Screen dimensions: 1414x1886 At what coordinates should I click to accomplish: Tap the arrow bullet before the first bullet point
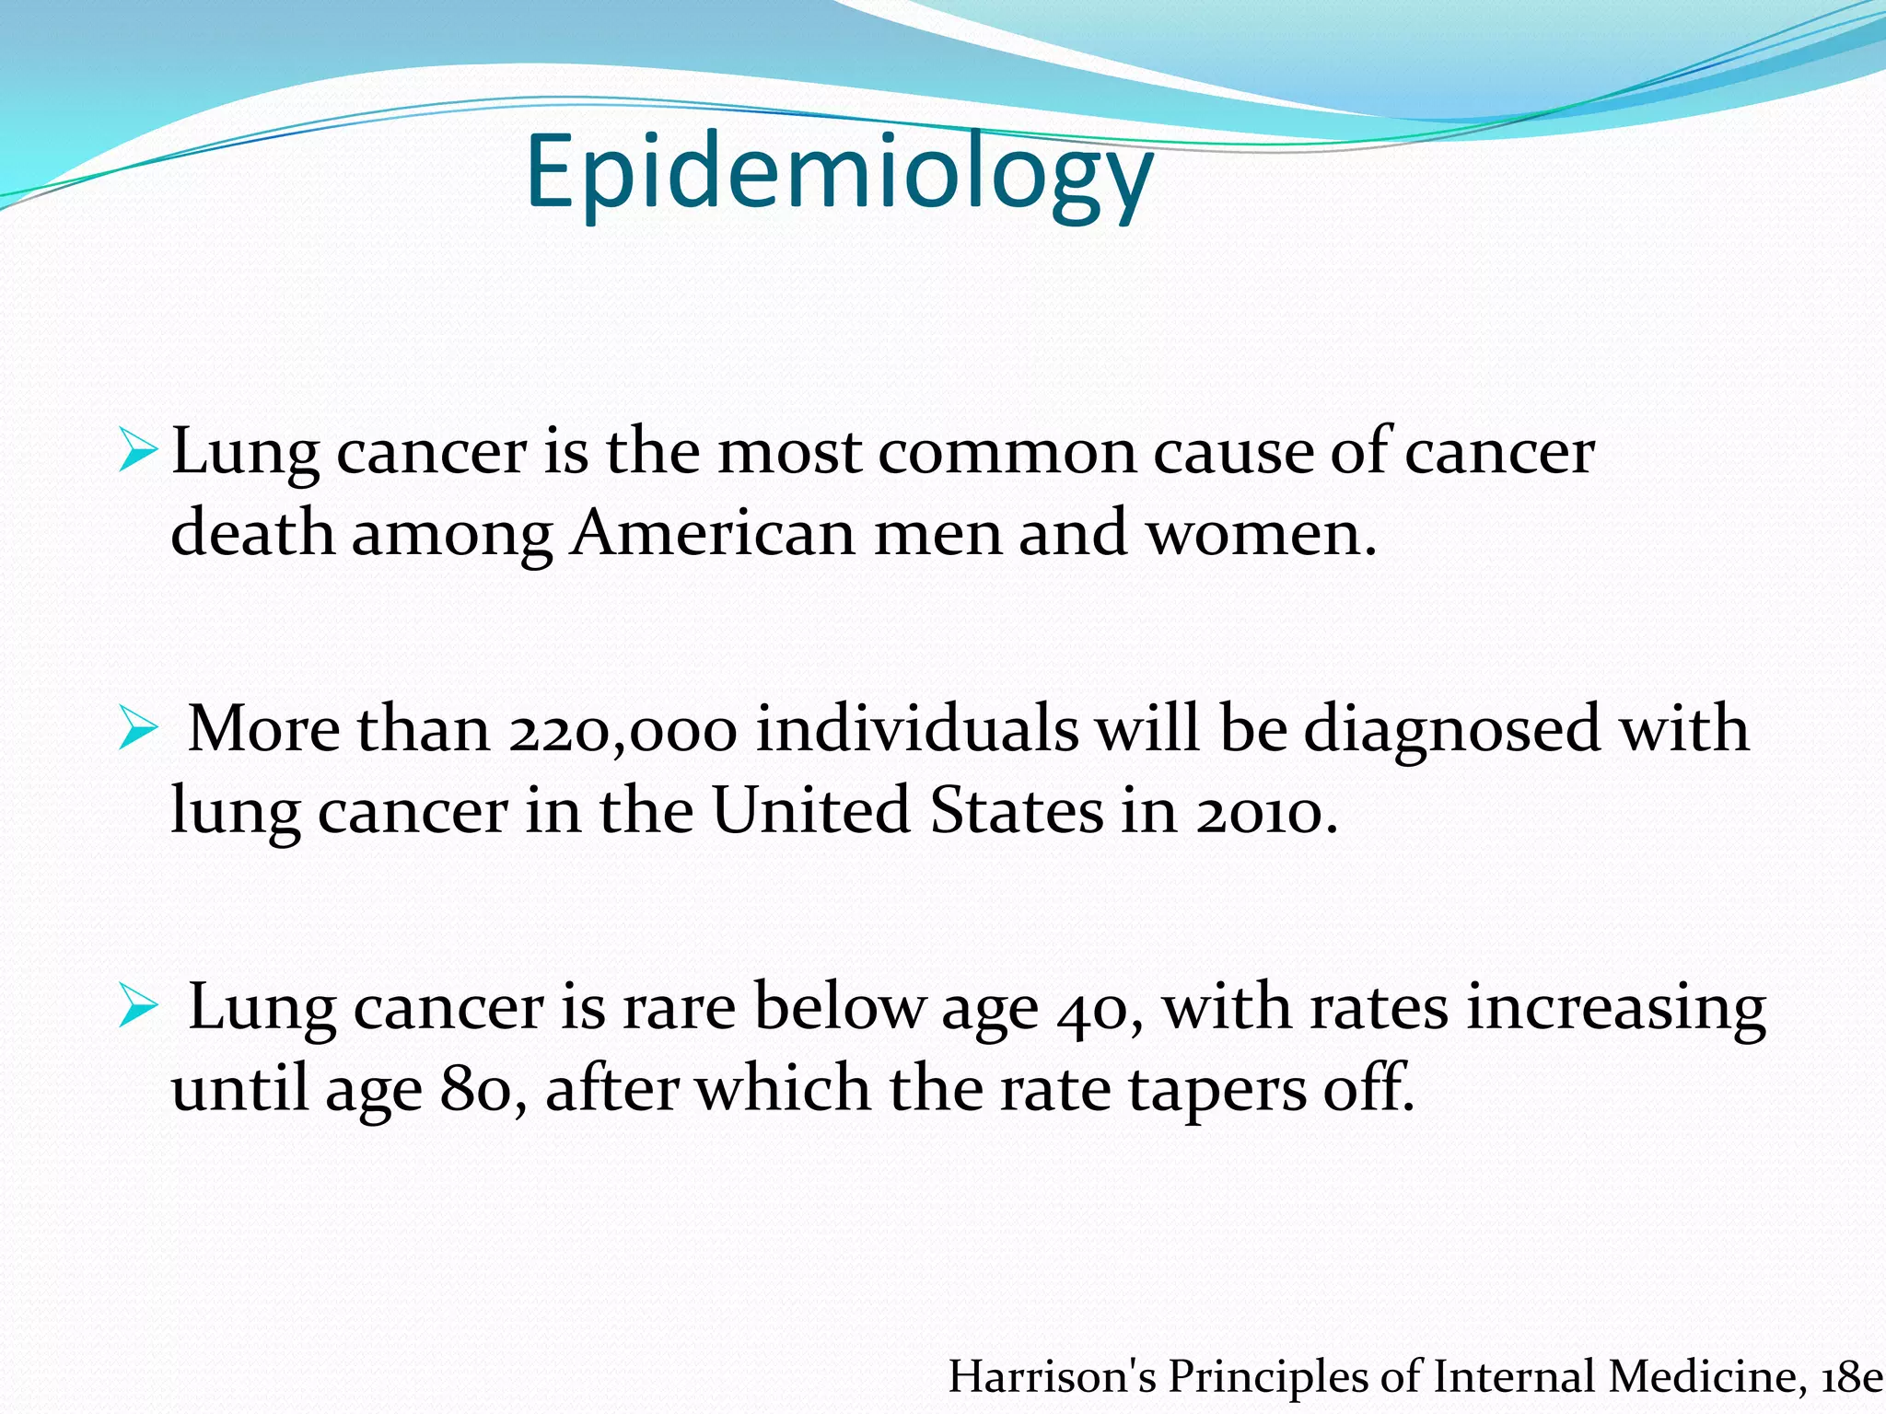(x=138, y=452)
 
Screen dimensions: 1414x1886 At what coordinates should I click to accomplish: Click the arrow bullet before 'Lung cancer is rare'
(x=138, y=1008)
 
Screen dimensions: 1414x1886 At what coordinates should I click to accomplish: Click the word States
(x=1017, y=812)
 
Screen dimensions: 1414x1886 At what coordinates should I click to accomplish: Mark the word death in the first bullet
(x=252, y=534)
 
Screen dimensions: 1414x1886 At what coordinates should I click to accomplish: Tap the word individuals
(x=917, y=730)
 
